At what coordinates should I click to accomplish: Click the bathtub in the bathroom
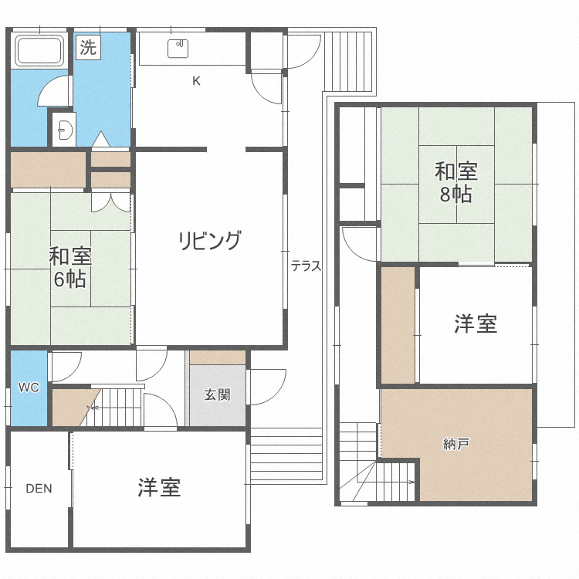[x=39, y=51]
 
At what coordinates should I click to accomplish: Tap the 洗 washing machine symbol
[x=88, y=47]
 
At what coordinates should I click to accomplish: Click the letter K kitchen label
[x=196, y=80]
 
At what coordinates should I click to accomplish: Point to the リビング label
[x=209, y=240]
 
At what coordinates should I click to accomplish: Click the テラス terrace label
[x=306, y=266]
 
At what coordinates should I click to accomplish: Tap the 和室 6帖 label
[x=70, y=267]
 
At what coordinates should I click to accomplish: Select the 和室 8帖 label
[x=455, y=182]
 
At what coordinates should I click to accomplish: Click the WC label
[x=28, y=387]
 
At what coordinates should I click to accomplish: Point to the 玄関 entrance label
[x=217, y=395]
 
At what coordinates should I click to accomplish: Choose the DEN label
[x=39, y=488]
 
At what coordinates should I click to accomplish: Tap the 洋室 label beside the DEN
[x=159, y=488]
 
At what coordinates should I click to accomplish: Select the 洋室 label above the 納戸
[x=475, y=324]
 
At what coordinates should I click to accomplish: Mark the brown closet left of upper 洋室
[x=398, y=324]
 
